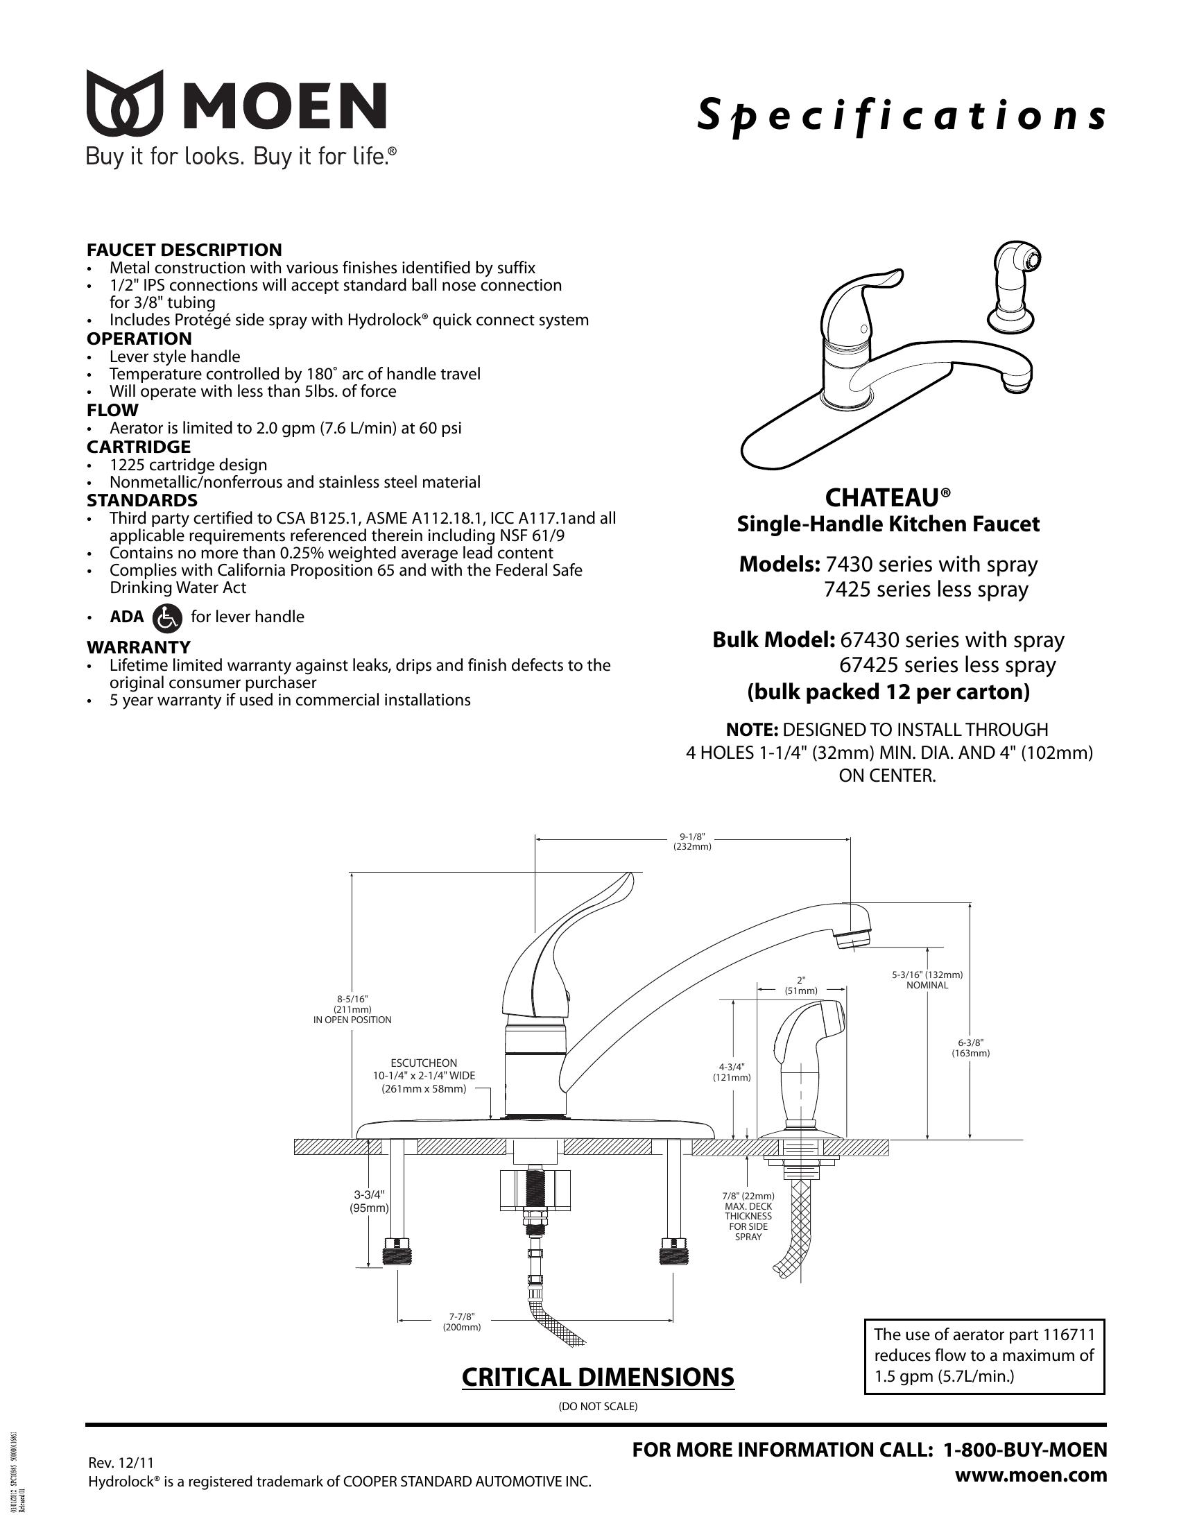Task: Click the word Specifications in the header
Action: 901,116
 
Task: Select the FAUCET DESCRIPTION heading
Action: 184,250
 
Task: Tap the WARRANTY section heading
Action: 138,646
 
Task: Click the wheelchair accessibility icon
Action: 166,617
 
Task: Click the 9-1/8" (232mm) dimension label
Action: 692,841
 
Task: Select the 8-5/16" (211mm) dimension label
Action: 352,1009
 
